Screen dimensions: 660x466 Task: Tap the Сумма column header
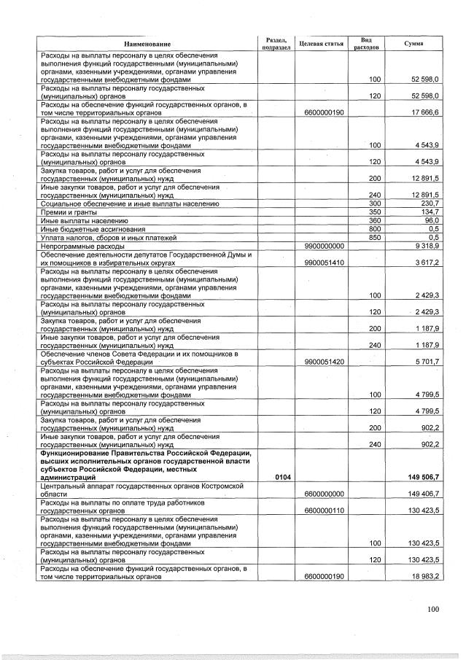[x=413, y=44]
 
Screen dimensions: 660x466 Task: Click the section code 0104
[x=283, y=477]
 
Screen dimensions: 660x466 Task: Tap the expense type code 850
[x=376, y=238]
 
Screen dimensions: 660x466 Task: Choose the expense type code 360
[x=376, y=220]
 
